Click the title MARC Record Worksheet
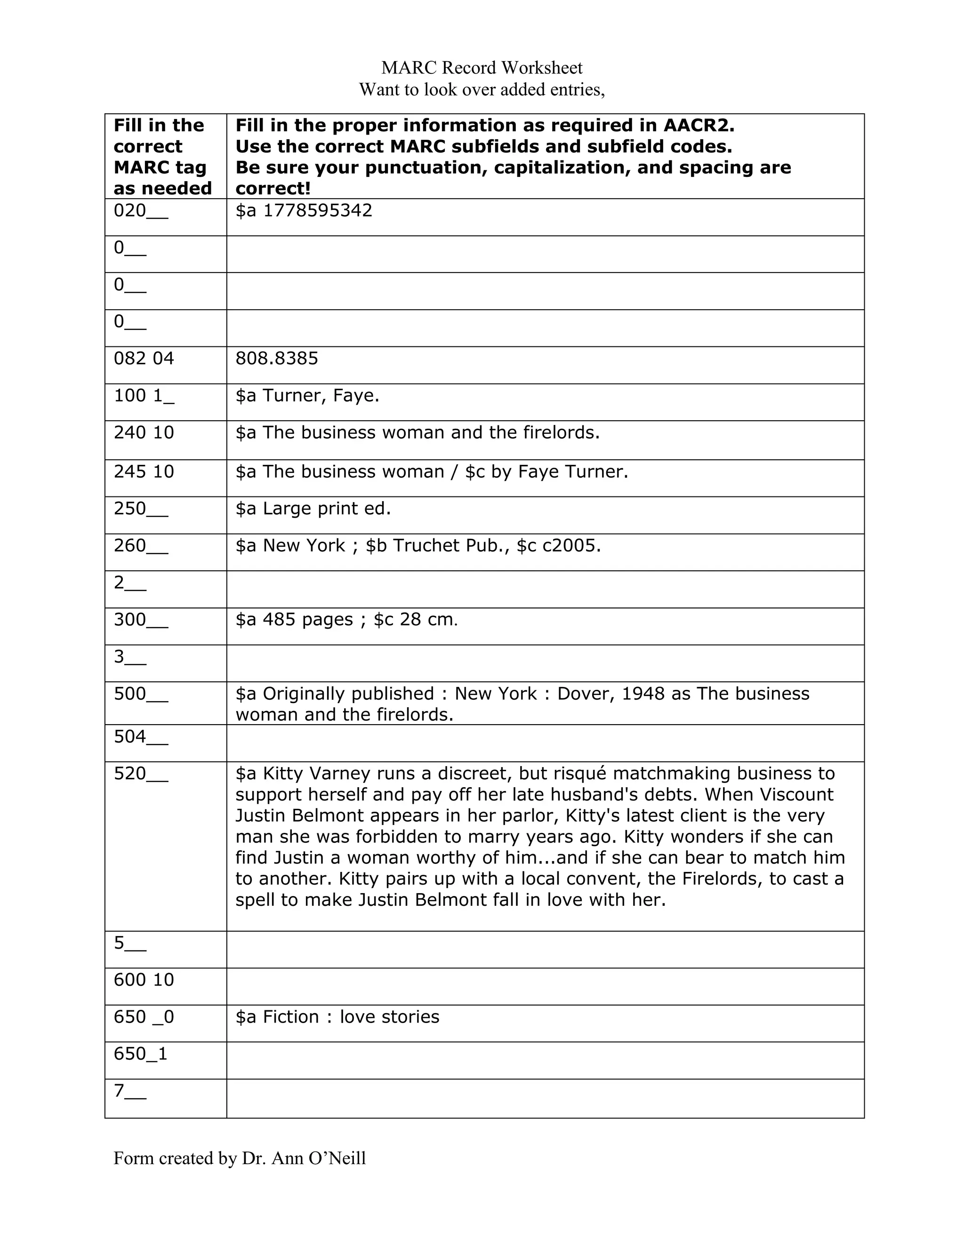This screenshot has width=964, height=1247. point(482,68)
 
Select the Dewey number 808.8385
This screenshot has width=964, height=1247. point(276,359)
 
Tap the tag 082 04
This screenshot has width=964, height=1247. point(144,359)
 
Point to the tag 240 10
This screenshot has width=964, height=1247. point(144,433)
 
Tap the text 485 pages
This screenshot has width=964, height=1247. point(308,620)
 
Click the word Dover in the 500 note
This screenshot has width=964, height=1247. point(584,694)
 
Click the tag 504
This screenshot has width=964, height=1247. point(130,737)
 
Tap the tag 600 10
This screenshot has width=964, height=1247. point(144,980)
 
